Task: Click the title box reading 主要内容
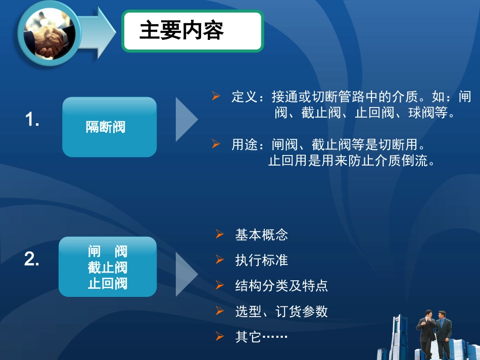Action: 193,31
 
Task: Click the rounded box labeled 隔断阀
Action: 109,127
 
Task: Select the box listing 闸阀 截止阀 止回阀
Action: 108,267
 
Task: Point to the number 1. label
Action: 32,120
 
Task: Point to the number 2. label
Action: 32,260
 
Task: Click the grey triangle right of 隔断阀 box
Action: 185,120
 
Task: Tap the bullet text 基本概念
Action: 261,235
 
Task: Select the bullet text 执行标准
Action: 261,260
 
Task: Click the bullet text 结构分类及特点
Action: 281,286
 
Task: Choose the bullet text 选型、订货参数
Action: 281,312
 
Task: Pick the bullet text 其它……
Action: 261,337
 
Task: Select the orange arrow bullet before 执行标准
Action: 219,260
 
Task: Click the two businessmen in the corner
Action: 435,333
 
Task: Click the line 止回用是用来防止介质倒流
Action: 351,162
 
